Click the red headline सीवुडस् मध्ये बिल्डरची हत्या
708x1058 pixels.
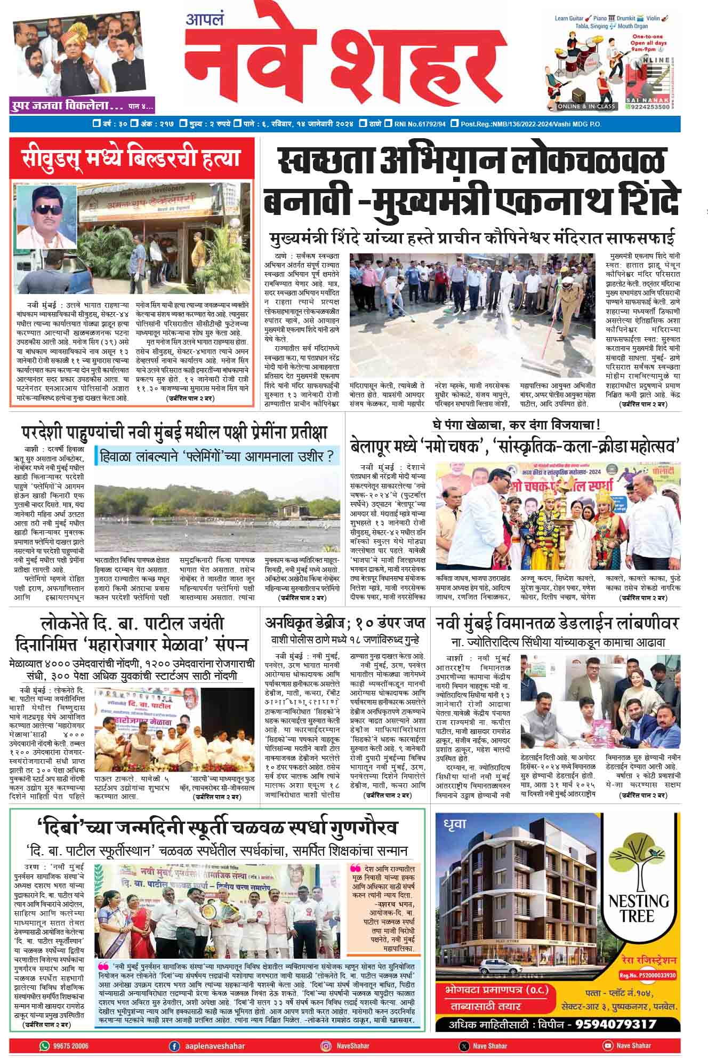click(131, 159)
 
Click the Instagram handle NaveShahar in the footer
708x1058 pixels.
click(352, 1046)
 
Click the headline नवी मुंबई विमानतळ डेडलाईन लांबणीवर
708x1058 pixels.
click(557, 623)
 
